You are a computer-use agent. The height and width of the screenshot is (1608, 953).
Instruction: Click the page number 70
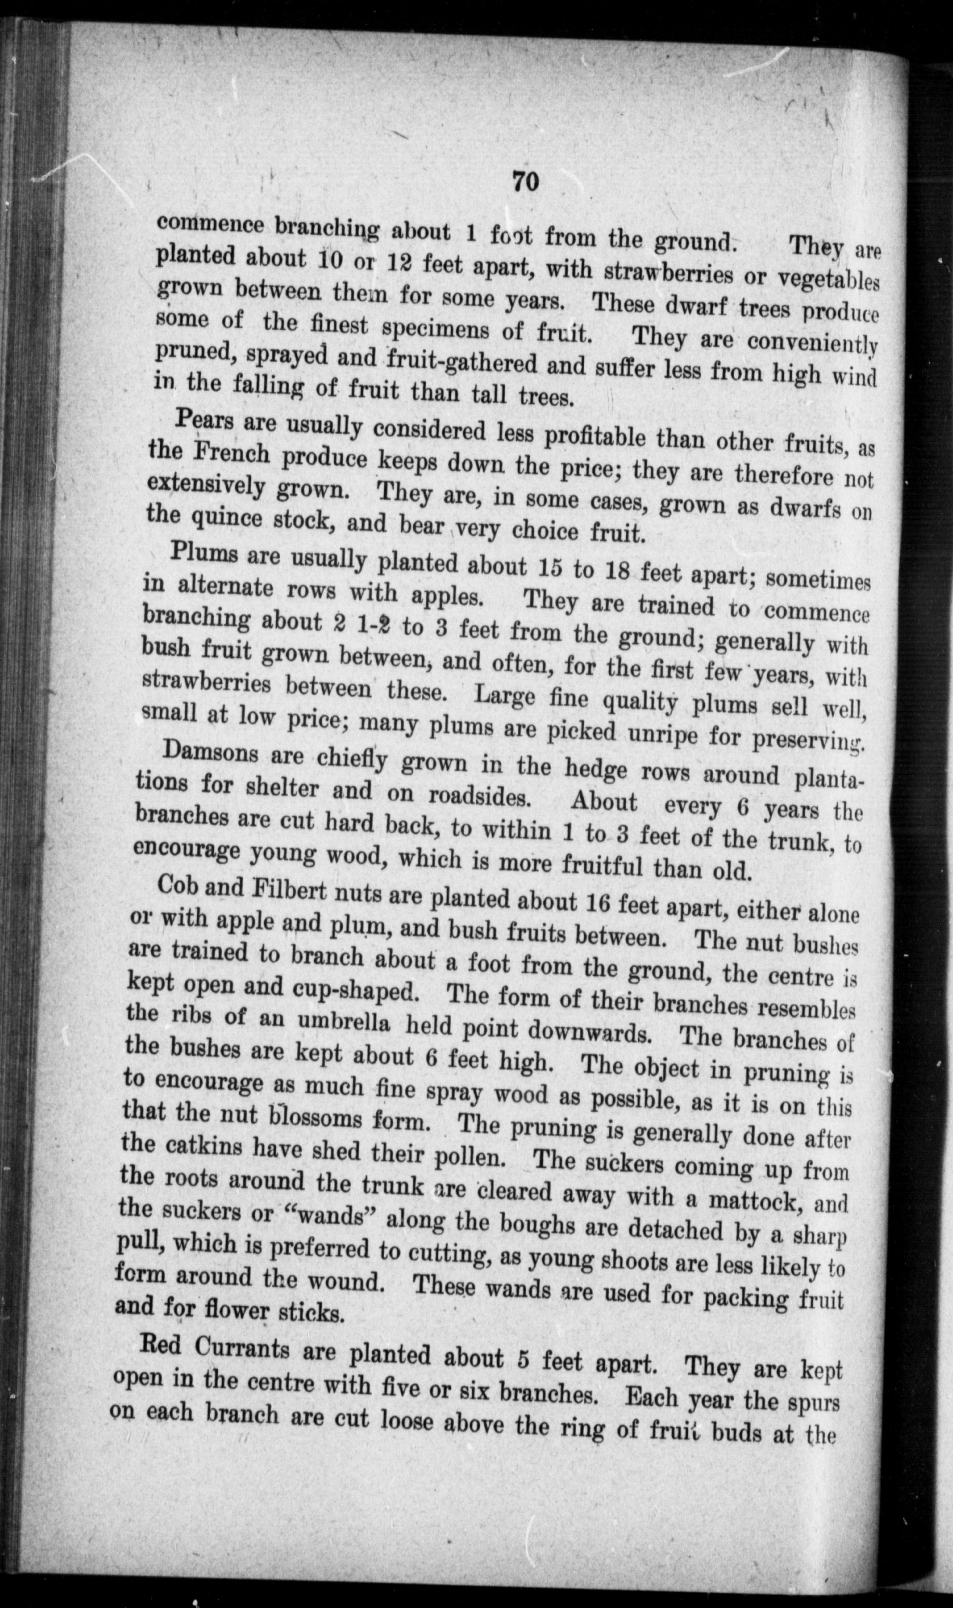pos(525,182)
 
